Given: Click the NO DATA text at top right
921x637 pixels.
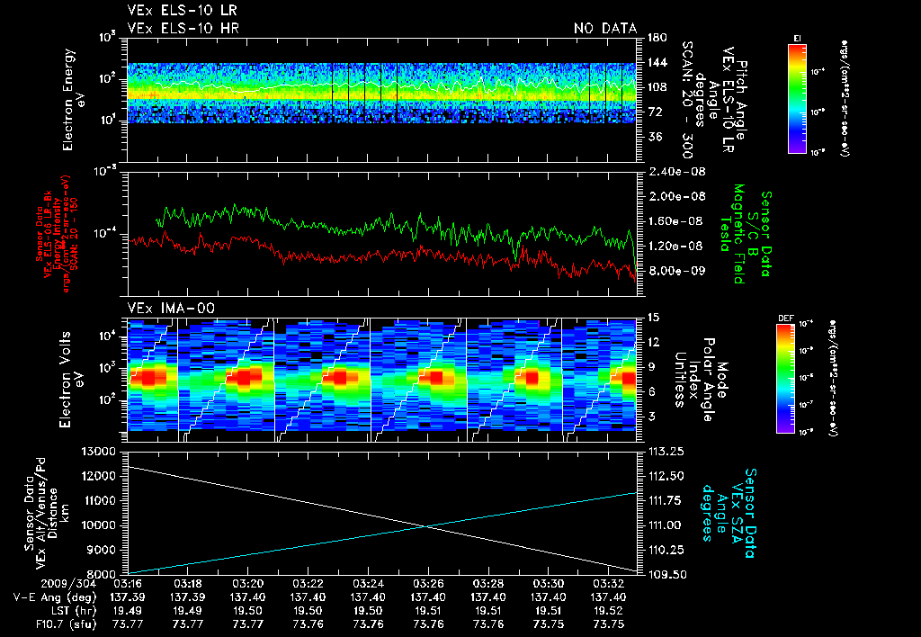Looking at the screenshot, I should pos(605,29).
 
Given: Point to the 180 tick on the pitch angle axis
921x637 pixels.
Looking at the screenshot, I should pos(655,38).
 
